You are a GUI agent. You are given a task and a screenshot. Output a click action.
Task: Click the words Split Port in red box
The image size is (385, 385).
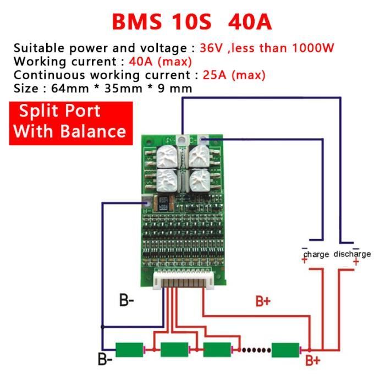(60, 111)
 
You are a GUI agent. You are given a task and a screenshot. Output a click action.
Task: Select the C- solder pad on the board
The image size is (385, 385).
(202, 140)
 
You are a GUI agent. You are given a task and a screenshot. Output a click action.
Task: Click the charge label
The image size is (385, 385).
(316, 254)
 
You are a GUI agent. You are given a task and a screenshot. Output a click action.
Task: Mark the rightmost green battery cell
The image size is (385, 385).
(285, 349)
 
